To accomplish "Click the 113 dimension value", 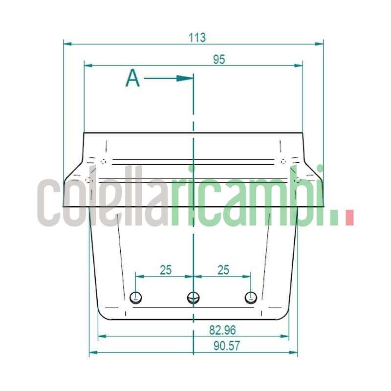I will pyautogui.click(x=197, y=37).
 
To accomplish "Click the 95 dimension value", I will pyautogui.click(x=218, y=59).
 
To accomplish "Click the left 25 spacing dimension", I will pyautogui.click(x=166, y=270).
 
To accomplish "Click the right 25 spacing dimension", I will pyautogui.click(x=223, y=270).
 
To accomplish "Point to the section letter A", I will pyautogui.click(x=132, y=79).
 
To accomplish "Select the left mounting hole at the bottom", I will pyautogui.click(x=137, y=296).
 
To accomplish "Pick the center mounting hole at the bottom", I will pyautogui.click(x=194, y=297).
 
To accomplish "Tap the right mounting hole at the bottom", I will pyautogui.click(x=250, y=296).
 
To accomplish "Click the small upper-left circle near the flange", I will pyautogui.click(x=103, y=162).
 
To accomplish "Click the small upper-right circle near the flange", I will pyautogui.click(x=283, y=161).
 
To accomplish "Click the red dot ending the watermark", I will pyautogui.click(x=349, y=217).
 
